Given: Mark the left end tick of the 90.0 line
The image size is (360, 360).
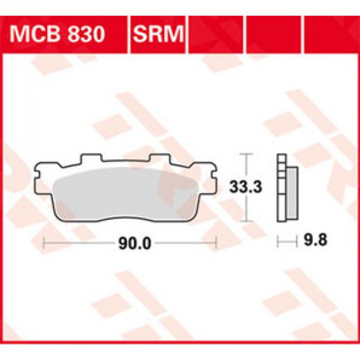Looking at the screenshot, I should [44, 244].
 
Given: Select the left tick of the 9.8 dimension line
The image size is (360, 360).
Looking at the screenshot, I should [277, 244].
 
